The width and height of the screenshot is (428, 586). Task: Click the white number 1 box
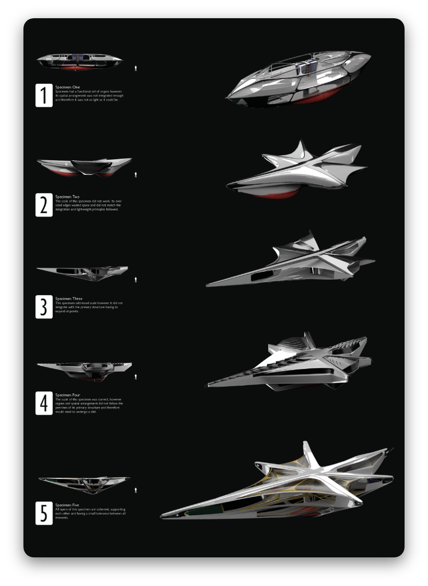[x=44, y=95]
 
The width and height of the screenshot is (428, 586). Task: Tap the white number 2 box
[x=44, y=205]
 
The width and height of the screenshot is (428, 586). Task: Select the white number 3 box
[x=44, y=307]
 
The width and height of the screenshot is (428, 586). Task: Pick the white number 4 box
[x=44, y=403]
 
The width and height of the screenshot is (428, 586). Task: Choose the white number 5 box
[x=44, y=513]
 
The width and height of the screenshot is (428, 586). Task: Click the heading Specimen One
[x=68, y=87]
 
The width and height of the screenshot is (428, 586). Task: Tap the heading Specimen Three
[x=69, y=299]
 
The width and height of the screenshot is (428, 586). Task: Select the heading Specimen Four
[x=68, y=395]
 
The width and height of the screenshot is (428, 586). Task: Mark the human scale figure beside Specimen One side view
[x=136, y=68]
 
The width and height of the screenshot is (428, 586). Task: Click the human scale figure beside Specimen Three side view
[x=136, y=280]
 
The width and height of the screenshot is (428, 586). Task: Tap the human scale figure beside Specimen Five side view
[x=136, y=490]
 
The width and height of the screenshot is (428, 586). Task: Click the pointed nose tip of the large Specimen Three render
[x=208, y=285]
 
